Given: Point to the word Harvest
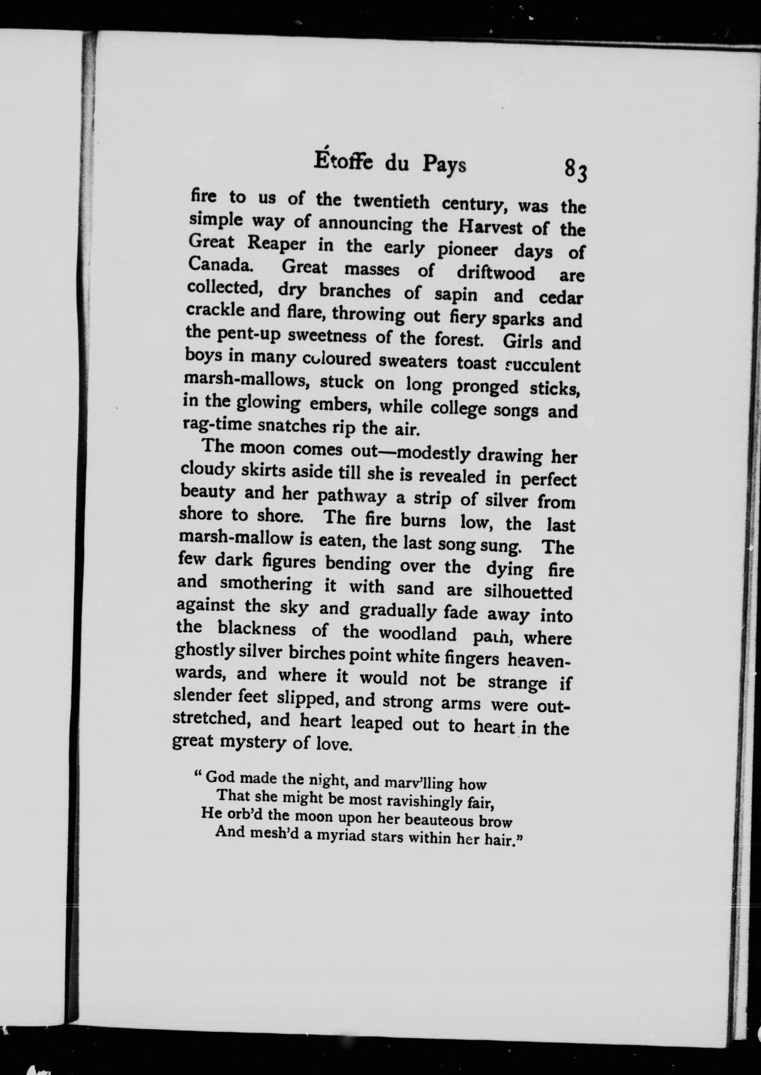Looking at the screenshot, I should click(x=490, y=228).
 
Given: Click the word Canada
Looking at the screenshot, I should click(x=219, y=265).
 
